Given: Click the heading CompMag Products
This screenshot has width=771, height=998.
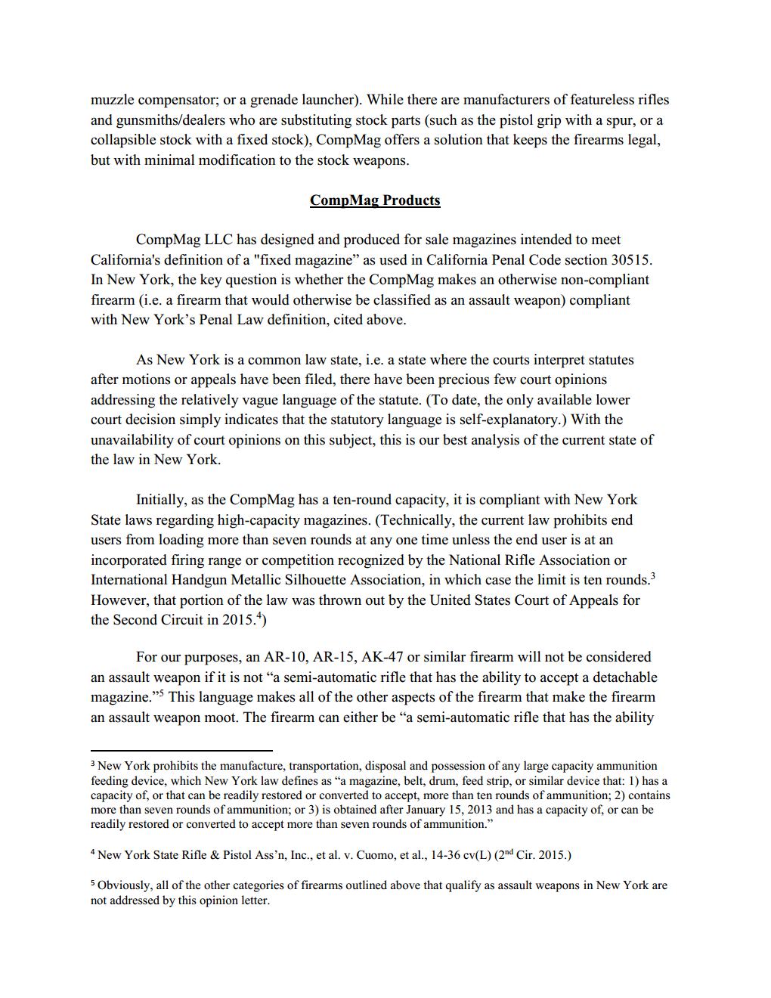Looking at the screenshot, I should click(375, 200).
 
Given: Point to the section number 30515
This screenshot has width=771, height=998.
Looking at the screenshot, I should click(630, 260).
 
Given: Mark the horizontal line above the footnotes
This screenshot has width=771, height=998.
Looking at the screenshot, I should click(181, 751).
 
